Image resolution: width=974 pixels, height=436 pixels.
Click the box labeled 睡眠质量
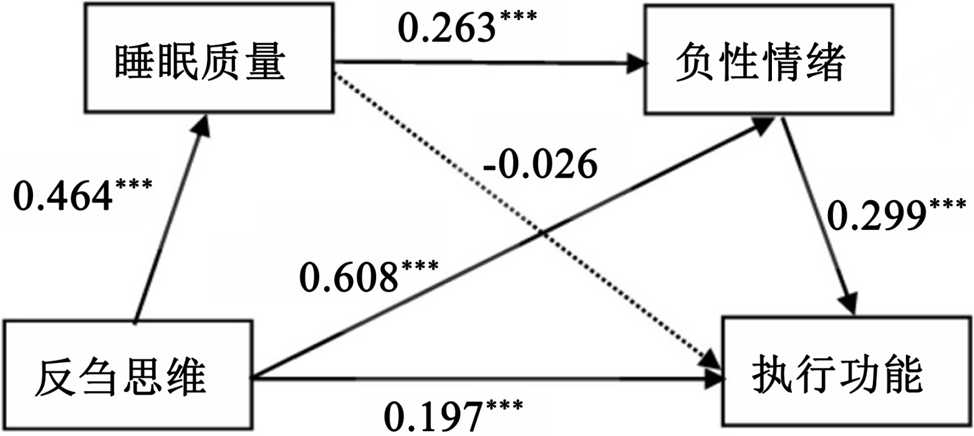(209, 61)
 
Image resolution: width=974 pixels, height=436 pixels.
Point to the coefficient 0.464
(63, 196)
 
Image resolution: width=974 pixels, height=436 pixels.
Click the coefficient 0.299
(876, 216)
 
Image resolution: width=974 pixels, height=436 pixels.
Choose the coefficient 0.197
(433, 416)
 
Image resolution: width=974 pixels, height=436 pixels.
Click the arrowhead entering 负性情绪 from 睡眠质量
(636, 62)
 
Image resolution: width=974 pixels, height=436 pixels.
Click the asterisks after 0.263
(517, 16)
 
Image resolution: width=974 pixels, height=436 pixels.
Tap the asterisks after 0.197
(503, 405)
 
